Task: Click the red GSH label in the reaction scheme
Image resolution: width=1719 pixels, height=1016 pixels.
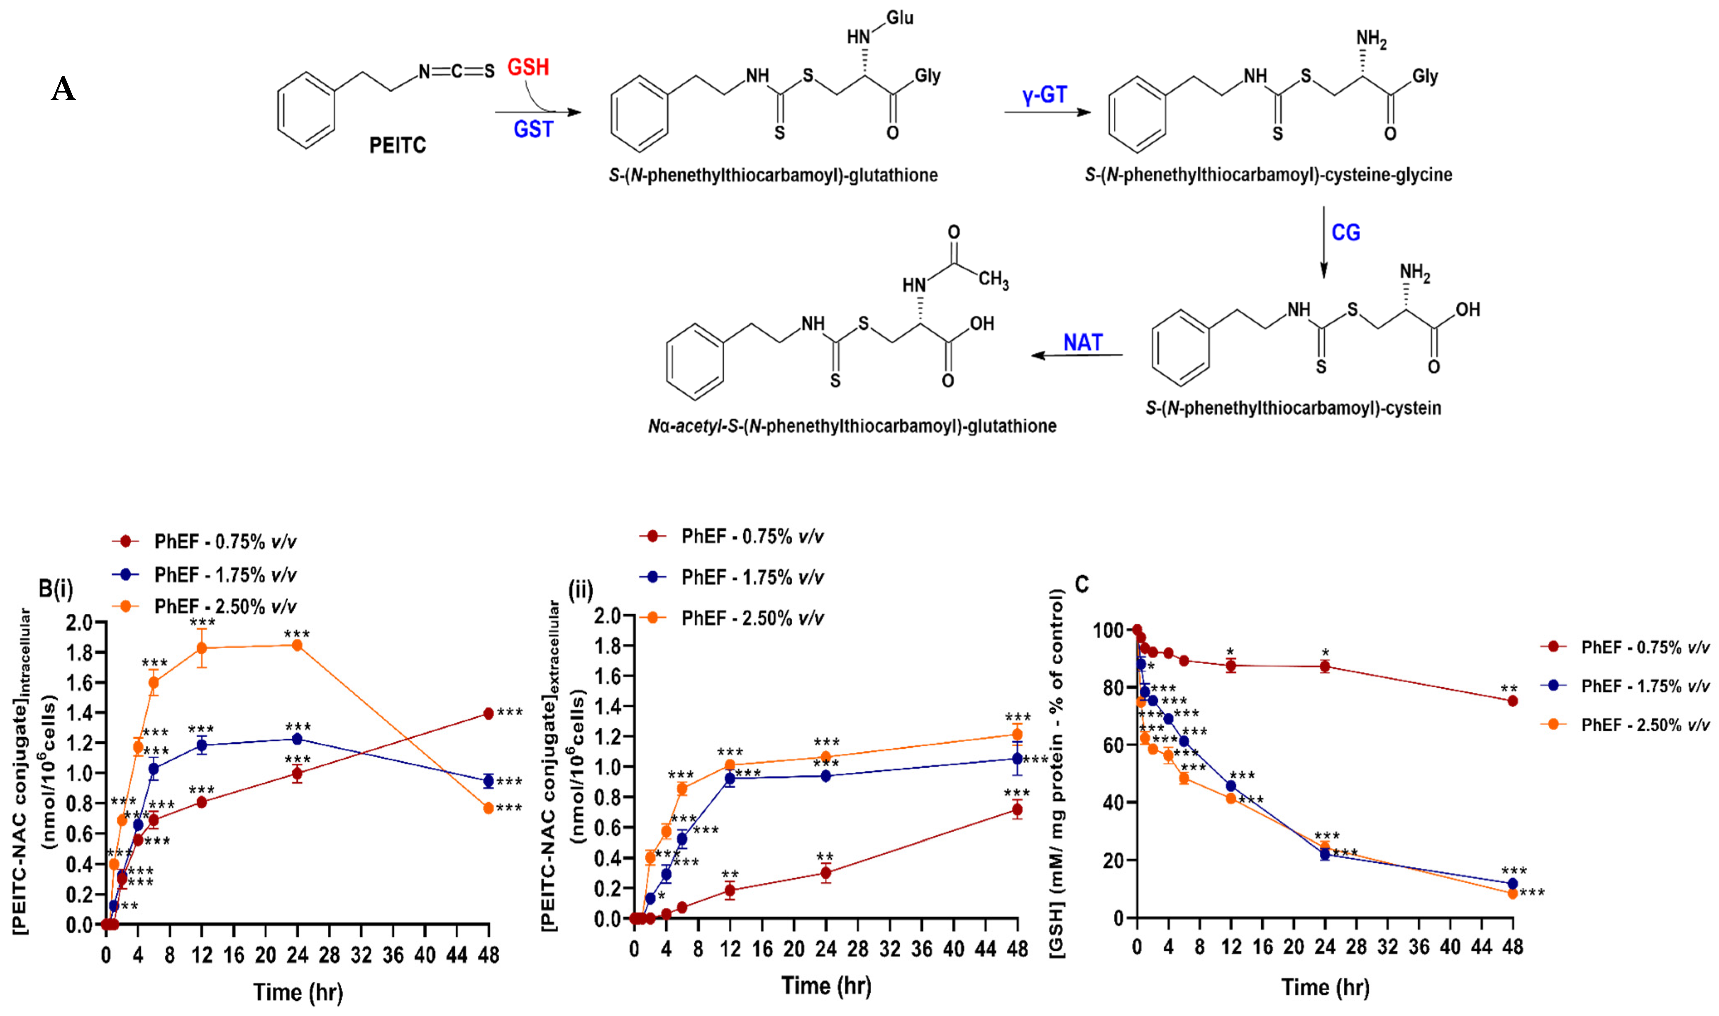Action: [528, 67]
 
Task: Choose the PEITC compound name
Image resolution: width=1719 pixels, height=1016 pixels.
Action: [397, 145]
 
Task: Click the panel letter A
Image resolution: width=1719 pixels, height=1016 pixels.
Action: [63, 89]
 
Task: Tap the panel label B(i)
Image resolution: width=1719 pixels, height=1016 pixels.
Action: [56, 588]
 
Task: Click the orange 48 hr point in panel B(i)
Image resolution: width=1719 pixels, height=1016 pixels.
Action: [488, 808]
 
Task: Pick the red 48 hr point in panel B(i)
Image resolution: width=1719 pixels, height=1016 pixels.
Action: [488, 713]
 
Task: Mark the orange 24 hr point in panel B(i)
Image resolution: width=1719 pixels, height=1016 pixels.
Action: [297, 645]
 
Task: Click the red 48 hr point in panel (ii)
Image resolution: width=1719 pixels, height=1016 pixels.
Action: [1017, 810]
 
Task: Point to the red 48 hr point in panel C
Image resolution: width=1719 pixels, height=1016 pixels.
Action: [1512, 701]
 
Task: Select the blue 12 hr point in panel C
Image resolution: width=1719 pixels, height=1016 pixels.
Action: [1231, 786]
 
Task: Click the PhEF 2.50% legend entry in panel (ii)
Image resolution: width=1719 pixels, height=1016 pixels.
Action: [752, 618]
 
